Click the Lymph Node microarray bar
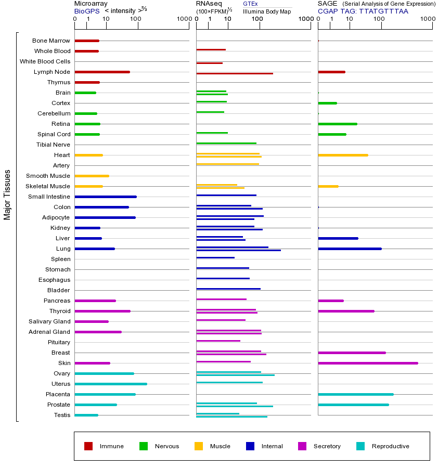[x=102, y=72]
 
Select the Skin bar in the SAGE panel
[x=368, y=363]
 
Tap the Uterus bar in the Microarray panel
[x=111, y=384]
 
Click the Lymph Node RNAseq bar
[x=235, y=73]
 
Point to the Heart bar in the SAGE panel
[x=343, y=155]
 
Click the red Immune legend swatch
[x=88, y=446]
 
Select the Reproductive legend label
[x=390, y=446]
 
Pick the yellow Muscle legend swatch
[x=199, y=446]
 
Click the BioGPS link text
[x=87, y=11]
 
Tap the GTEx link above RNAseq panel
[x=250, y=4]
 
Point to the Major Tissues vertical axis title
[x=7, y=194]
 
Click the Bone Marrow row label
[x=51, y=41]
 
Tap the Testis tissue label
[x=62, y=415]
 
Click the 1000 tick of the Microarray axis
[x=183, y=19]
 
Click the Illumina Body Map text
[x=266, y=11]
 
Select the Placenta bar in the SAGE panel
[x=356, y=394]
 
